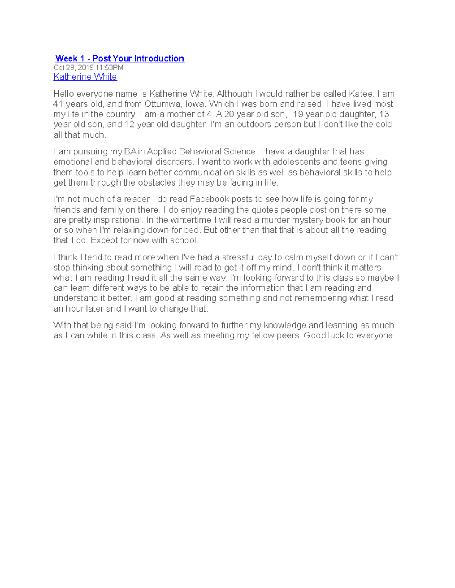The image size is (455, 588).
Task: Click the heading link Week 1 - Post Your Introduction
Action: (x=119, y=59)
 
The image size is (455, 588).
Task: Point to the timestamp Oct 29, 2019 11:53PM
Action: (x=88, y=68)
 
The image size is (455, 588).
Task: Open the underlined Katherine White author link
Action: (x=85, y=77)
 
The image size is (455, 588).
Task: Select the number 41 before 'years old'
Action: (x=58, y=104)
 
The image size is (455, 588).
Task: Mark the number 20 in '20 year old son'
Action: (x=229, y=114)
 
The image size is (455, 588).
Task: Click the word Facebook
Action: (x=209, y=200)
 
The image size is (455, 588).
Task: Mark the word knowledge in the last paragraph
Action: (x=285, y=325)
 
